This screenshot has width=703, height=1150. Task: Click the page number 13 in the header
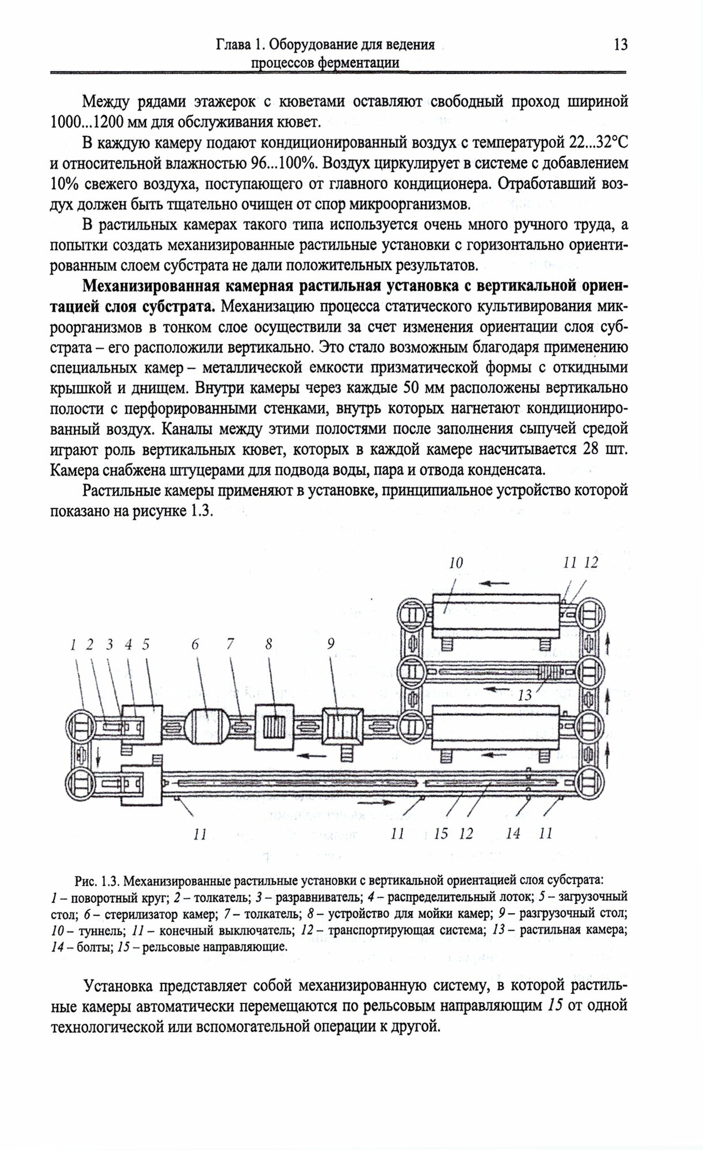pyautogui.click(x=620, y=44)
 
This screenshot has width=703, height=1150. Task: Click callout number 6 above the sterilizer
pyautogui.click(x=195, y=645)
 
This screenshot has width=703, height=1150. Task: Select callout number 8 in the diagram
pyautogui.click(x=268, y=645)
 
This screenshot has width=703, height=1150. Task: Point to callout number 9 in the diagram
pyautogui.click(x=331, y=645)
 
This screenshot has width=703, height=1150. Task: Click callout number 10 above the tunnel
pyautogui.click(x=456, y=562)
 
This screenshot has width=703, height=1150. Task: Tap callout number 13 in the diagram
pyautogui.click(x=524, y=695)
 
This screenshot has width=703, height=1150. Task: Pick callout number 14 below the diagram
pyautogui.click(x=513, y=833)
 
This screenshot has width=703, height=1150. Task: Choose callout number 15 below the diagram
pyautogui.click(x=441, y=833)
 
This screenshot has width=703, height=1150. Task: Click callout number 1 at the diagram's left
pyautogui.click(x=74, y=645)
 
